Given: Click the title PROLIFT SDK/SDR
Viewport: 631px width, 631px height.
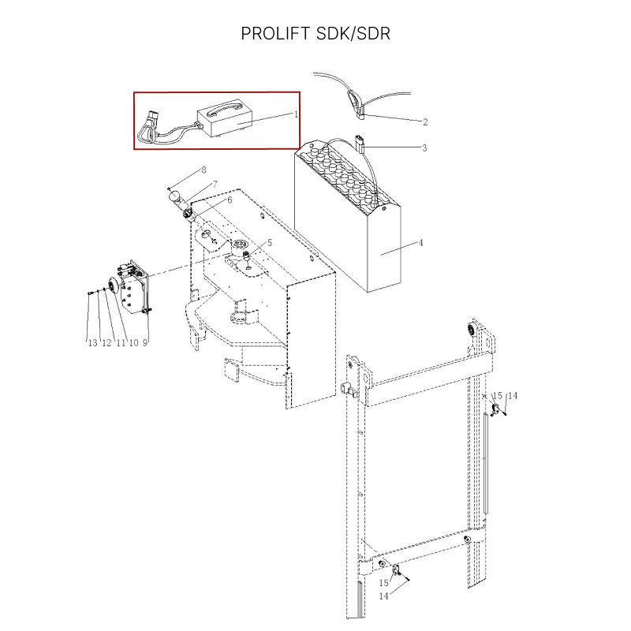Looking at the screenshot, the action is click(x=315, y=33).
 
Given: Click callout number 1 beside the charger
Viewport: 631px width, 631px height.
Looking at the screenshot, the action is click(x=297, y=114).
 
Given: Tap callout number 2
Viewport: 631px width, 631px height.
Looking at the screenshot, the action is click(x=425, y=122).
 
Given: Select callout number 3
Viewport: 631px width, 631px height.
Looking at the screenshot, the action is click(x=424, y=148).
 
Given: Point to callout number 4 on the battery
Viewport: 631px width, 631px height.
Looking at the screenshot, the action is click(x=421, y=243).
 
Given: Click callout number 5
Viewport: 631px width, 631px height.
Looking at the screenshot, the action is click(x=270, y=243).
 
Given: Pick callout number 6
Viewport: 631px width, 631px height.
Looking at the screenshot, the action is click(x=230, y=200).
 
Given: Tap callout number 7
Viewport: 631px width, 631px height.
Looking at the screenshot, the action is click(x=215, y=185).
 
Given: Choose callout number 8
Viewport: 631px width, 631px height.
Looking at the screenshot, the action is click(x=203, y=170).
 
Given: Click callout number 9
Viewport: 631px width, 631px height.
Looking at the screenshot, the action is click(x=145, y=343).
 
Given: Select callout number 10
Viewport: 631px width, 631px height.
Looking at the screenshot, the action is click(x=133, y=343).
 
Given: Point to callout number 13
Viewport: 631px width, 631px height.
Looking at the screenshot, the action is click(x=92, y=343).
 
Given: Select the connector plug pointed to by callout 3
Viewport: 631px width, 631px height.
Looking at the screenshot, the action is click(x=360, y=143).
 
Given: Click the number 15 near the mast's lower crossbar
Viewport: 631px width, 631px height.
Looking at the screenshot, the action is click(x=384, y=583).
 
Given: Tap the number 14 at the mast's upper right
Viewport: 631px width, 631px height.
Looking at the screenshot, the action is click(x=512, y=396).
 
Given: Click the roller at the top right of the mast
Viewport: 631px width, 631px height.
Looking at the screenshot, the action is click(x=472, y=332).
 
